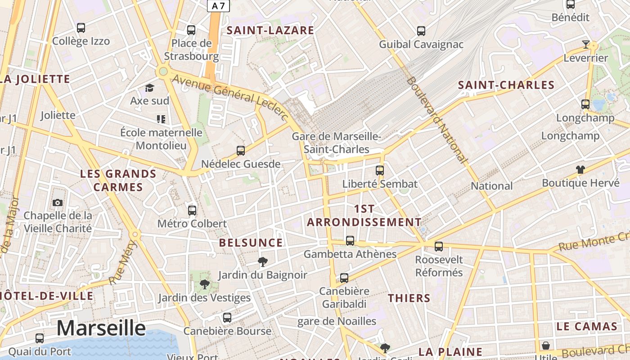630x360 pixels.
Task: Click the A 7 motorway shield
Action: tap(218, 6)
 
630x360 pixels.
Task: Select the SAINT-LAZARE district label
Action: tap(270, 31)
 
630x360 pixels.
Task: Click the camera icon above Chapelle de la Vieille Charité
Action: tap(57, 203)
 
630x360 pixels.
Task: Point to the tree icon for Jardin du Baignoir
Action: tap(262, 262)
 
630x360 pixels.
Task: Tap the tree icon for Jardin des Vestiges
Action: tap(204, 284)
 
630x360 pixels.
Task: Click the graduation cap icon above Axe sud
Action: tap(149, 88)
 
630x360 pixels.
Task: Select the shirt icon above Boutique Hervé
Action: tap(580, 170)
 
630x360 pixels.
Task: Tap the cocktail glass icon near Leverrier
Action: tap(585, 44)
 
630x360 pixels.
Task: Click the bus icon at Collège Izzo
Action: tap(81, 28)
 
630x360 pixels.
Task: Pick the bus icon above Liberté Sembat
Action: tap(380, 171)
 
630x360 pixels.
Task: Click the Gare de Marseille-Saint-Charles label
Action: tap(337, 143)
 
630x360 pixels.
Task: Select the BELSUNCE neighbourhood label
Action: tap(251, 243)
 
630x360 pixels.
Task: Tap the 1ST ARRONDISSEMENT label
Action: tap(364, 216)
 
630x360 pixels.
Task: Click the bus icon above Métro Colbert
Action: tap(192, 210)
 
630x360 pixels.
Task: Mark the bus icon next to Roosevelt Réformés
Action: tap(439, 247)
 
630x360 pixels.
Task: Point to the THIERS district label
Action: tap(409, 298)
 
